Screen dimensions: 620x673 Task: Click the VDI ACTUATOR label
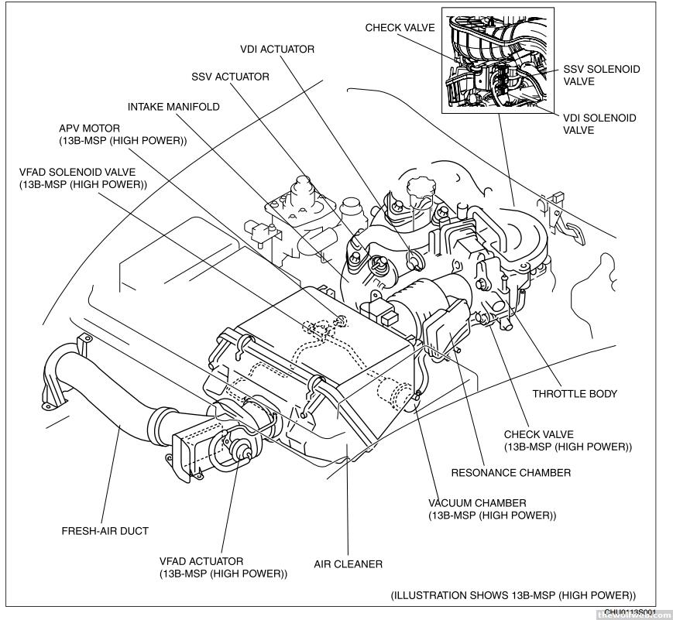click(276, 50)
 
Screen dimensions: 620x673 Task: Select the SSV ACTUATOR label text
click(230, 77)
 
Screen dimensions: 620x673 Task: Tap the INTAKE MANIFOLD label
click(173, 107)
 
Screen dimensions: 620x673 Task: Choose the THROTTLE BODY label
click(575, 393)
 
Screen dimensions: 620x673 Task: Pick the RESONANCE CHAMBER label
click(511, 472)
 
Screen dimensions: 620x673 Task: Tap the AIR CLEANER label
click(348, 564)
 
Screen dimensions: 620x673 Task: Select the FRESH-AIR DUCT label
click(105, 531)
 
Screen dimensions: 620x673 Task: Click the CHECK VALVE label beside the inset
click(400, 28)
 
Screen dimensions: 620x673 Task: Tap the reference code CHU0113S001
click(626, 611)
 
